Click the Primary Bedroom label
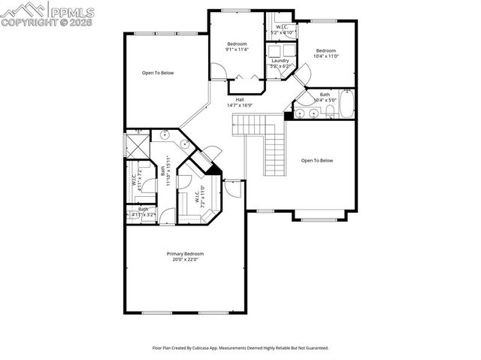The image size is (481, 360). click(x=185, y=254)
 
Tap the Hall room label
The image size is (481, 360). click(x=240, y=99)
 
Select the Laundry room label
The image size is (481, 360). click(x=280, y=60)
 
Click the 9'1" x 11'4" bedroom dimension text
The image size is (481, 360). click(x=237, y=50)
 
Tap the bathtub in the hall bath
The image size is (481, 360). click(x=346, y=104)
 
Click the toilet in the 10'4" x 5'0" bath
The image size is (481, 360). click(x=329, y=111)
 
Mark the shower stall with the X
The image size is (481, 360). click(x=138, y=144)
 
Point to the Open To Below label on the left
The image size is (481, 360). click(x=159, y=73)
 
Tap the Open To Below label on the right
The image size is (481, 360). click(x=316, y=160)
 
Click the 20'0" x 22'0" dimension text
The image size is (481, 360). click(x=185, y=260)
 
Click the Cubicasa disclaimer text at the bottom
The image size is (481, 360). click(x=240, y=348)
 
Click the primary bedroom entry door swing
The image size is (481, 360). click(x=234, y=189)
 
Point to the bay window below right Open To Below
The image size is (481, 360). click(x=319, y=218)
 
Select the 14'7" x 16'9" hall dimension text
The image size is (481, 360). click(x=240, y=105)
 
